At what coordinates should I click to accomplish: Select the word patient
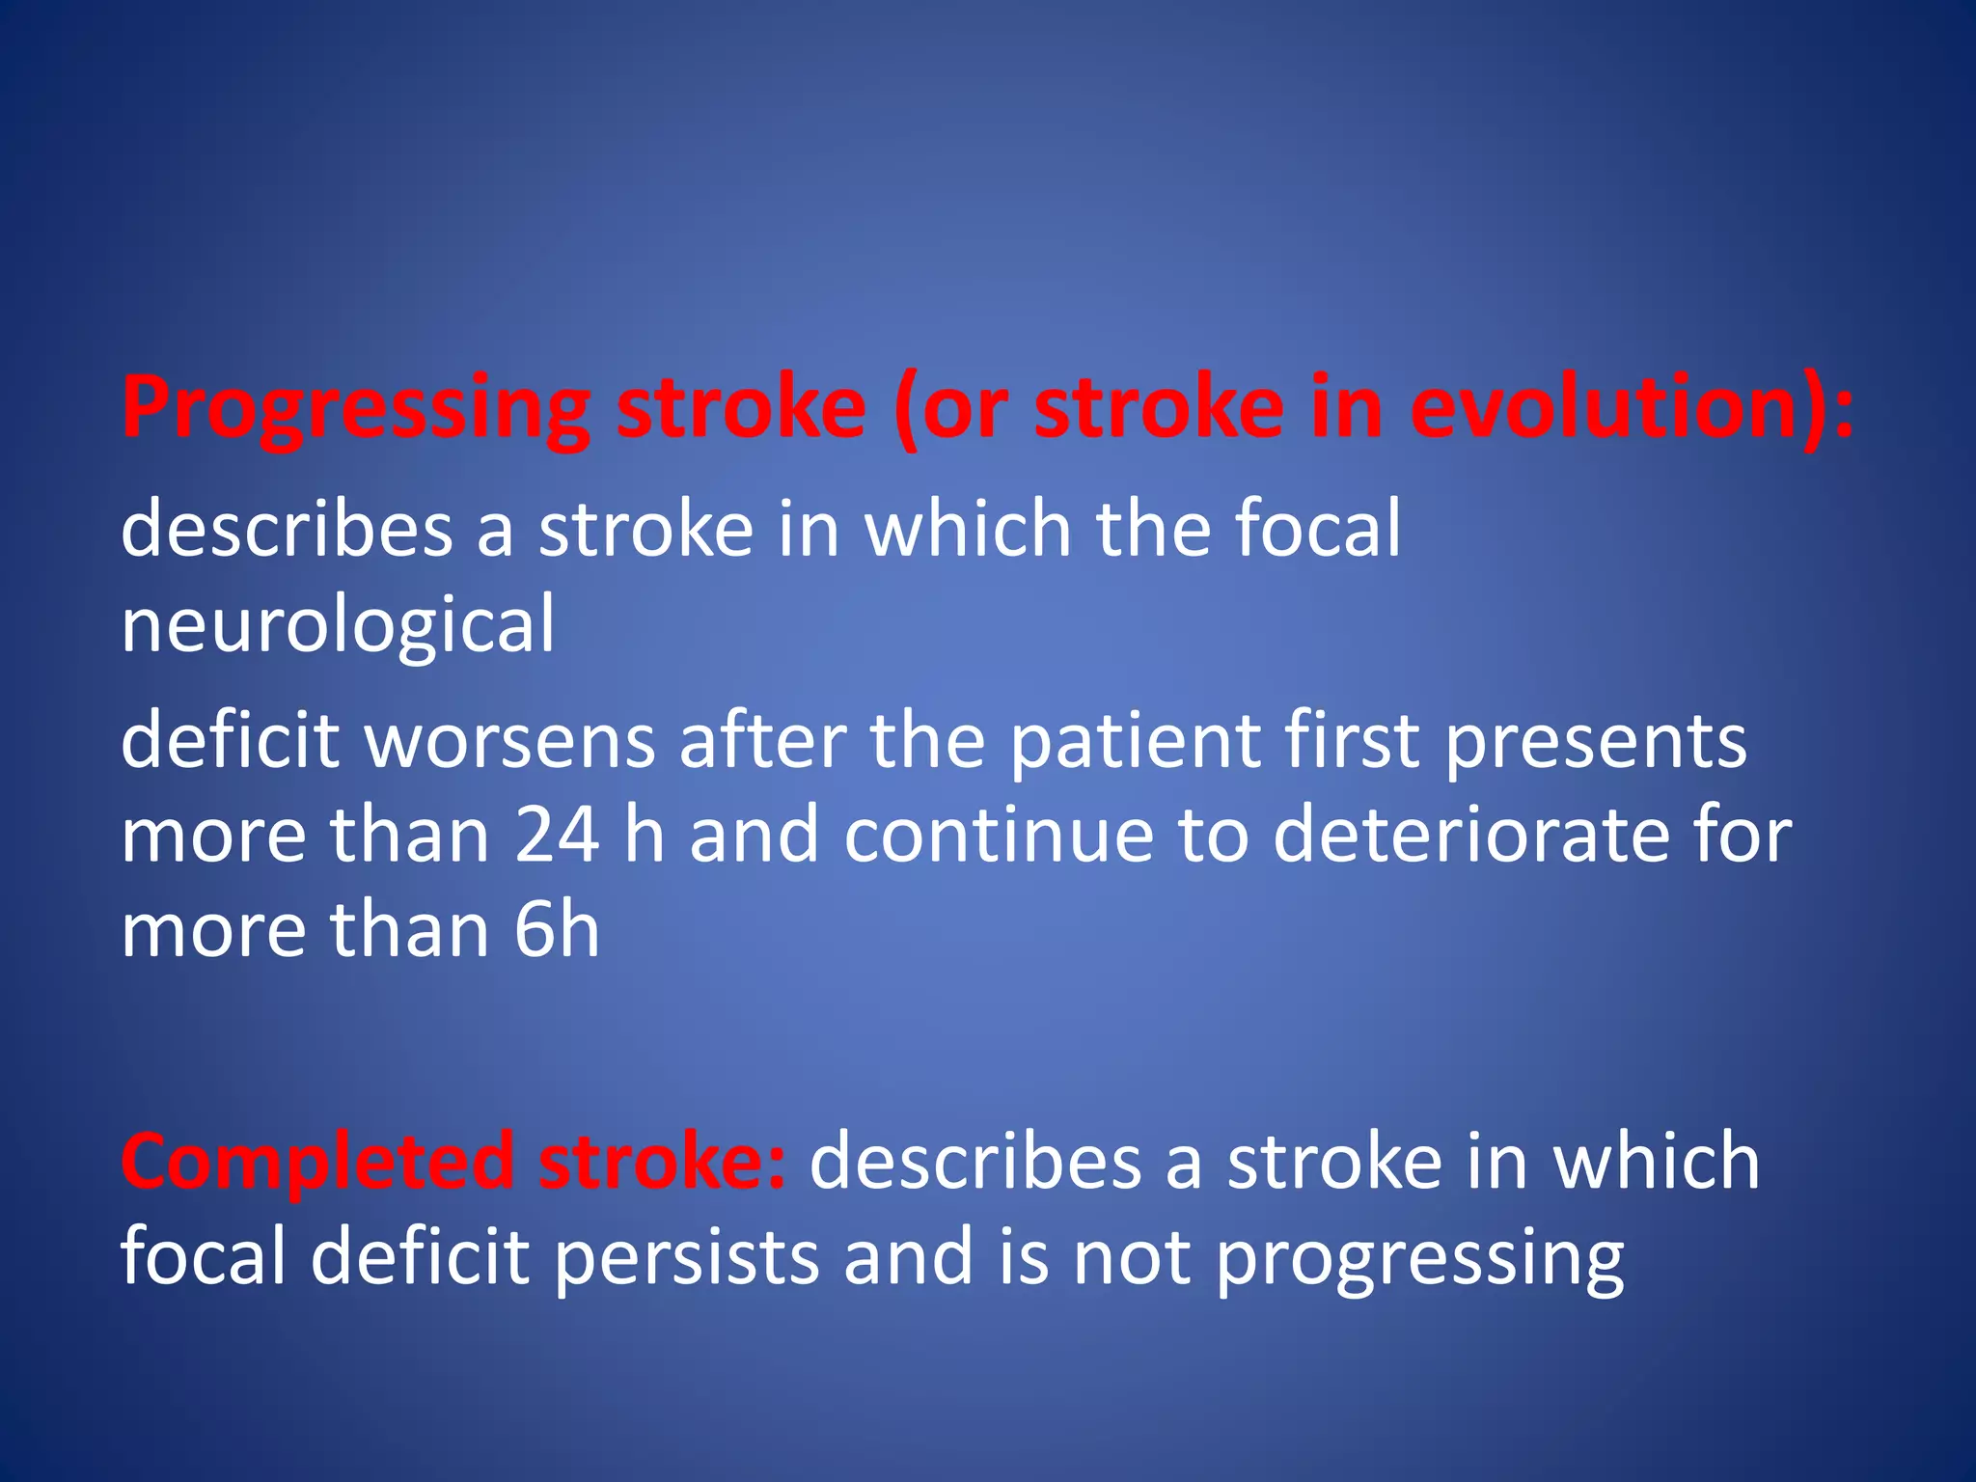(x=1135, y=743)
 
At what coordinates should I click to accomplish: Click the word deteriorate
(x=1470, y=835)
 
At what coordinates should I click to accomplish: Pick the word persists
(x=686, y=1257)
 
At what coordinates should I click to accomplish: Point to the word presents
(x=1596, y=743)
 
